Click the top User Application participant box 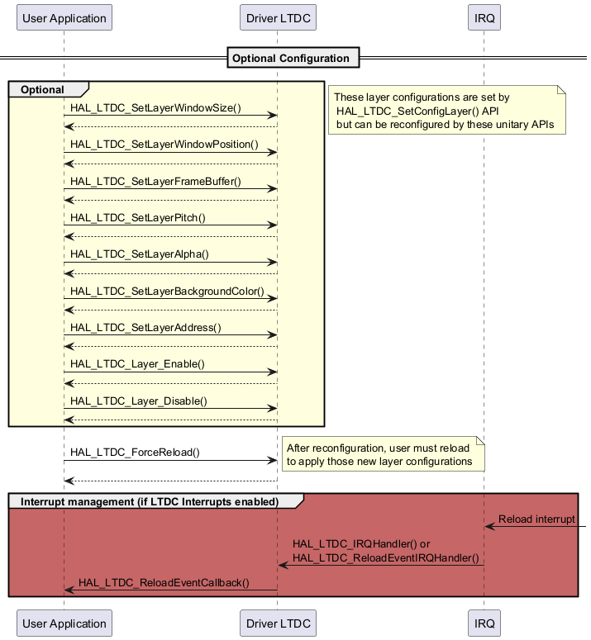tap(64, 17)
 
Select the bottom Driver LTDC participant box tap(279, 623)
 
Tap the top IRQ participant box tap(484, 17)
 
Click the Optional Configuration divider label tap(291, 58)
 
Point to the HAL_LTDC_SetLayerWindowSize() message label tap(155, 108)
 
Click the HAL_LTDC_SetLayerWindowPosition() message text tap(164, 145)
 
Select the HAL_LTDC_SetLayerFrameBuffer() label tap(155, 181)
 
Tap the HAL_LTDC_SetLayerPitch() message tap(138, 217)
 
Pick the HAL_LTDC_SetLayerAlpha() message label tap(139, 254)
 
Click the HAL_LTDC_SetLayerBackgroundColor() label tap(167, 291)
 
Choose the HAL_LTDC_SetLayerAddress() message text tap(146, 327)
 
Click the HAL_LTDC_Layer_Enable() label tap(137, 363)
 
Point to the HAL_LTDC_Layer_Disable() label tap(139, 401)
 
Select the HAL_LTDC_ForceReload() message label tap(135, 452)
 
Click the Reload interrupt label tap(536, 519)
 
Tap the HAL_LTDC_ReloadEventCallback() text tap(164, 582)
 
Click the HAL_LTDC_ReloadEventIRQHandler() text tap(386, 557)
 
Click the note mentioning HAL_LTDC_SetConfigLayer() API tap(446, 111)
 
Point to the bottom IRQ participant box tap(484, 623)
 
